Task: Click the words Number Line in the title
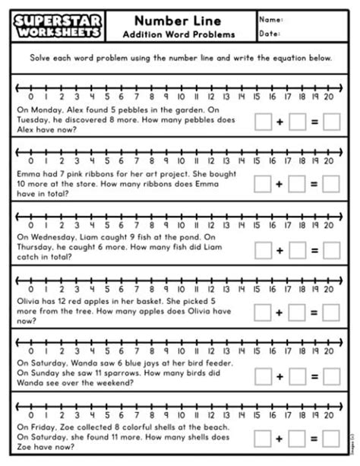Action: tap(178, 20)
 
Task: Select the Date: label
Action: tap(270, 33)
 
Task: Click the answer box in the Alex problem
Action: tap(331, 121)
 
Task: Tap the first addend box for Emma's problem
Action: tap(264, 183)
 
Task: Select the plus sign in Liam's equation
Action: tap(279, 249)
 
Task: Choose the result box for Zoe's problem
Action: tap(331, 438)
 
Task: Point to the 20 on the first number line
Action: tap(328, 97)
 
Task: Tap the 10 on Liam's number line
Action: tap(180, 223)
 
